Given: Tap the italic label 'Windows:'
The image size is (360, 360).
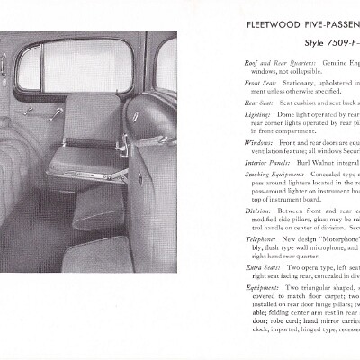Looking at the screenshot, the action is (x=258, y=142).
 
